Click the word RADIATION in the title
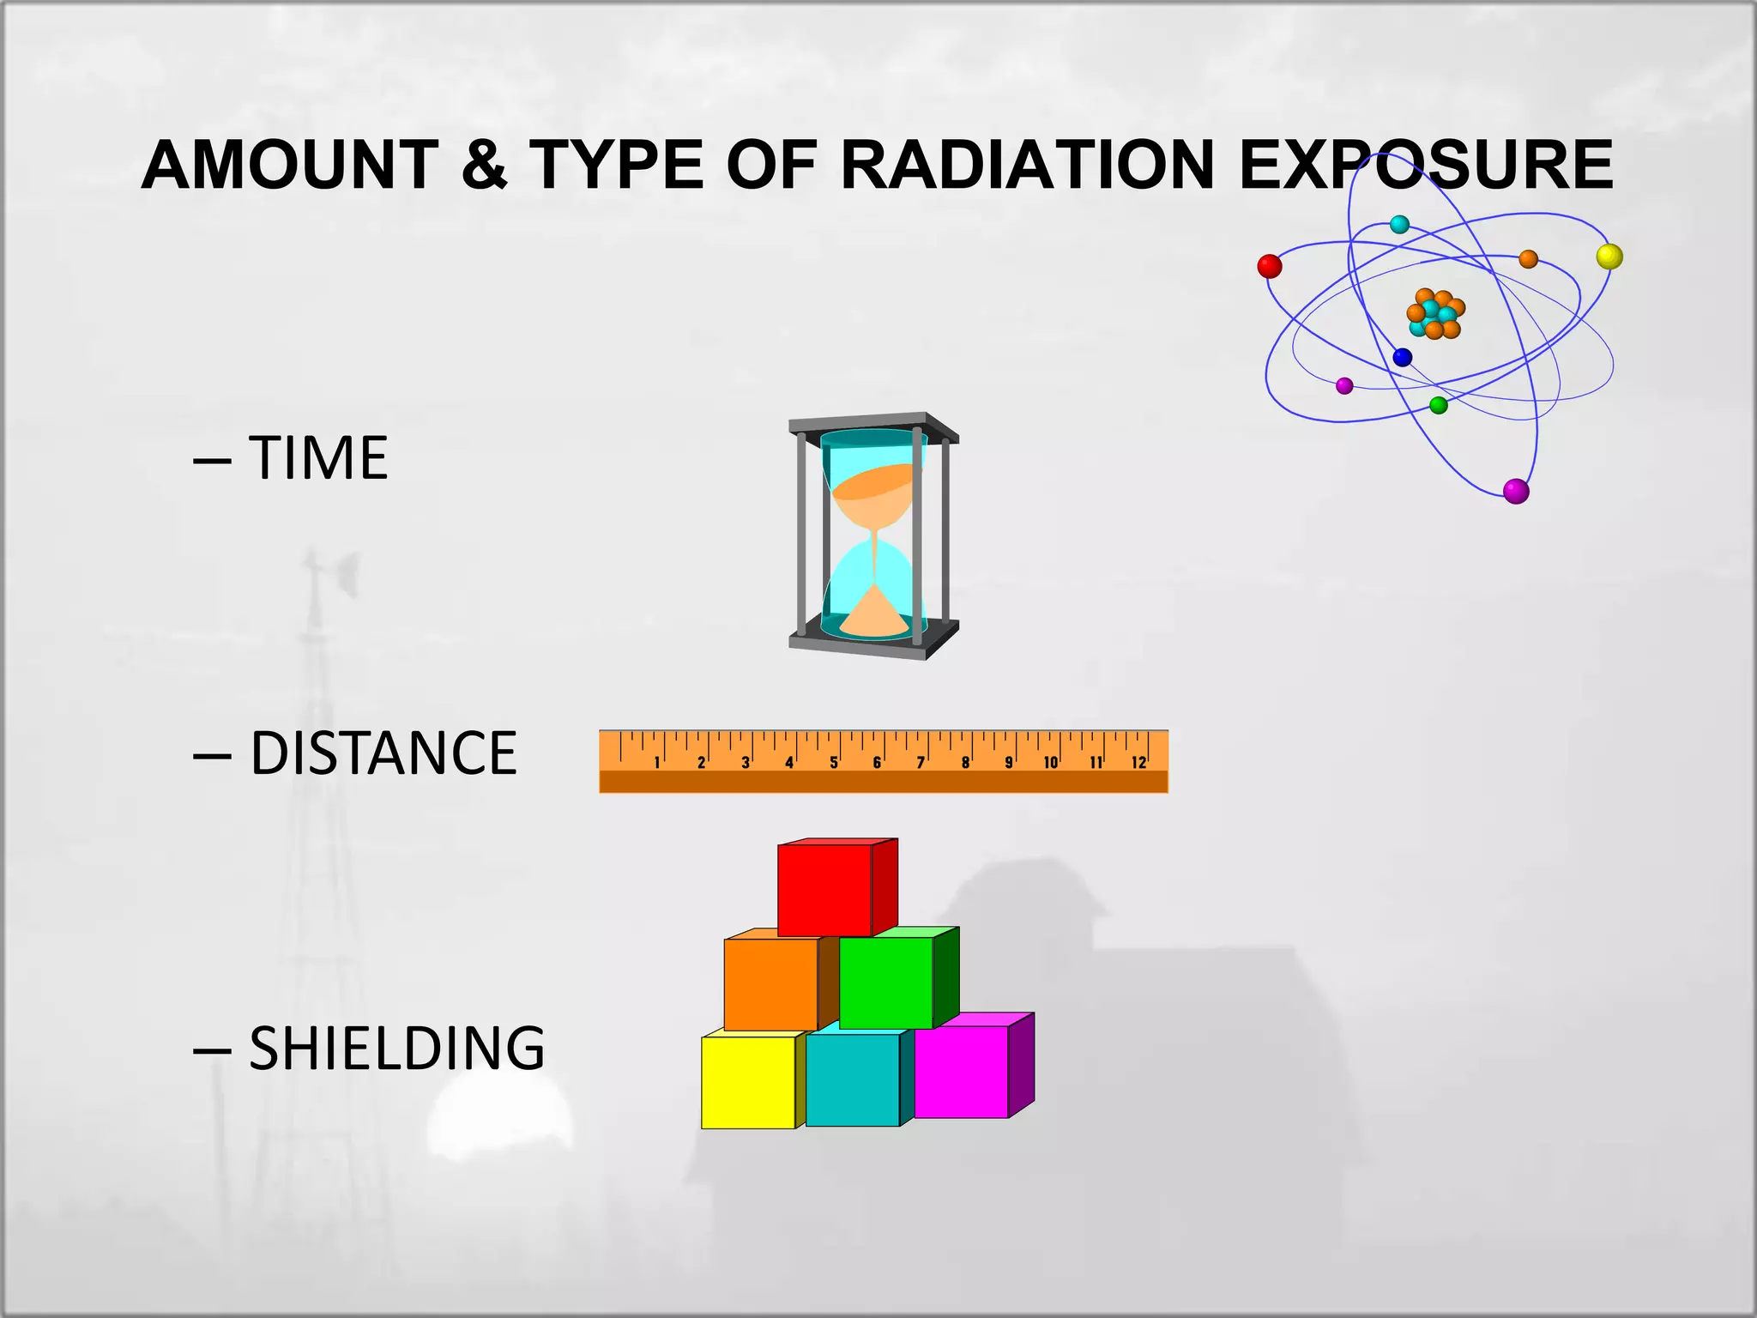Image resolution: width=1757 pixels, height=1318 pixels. [1027, 165]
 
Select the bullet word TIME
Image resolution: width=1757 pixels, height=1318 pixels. [318, 458]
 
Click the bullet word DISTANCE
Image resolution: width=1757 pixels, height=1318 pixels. [383, 753]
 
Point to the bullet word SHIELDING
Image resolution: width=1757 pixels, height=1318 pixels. [396, 1049]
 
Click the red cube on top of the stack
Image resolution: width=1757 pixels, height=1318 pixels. [824, 890]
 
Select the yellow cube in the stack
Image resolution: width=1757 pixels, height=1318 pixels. [748, 1083]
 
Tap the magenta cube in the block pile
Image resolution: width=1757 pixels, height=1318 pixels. [961, 1072]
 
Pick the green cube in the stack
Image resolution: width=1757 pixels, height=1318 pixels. [885, 983]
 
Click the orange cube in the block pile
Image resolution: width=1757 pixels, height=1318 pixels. [770, 984]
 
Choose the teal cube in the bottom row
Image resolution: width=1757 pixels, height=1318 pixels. [852, 1080]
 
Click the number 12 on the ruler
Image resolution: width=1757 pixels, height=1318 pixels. [1138, 763]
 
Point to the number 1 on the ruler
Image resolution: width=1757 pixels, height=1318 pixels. [657, 763]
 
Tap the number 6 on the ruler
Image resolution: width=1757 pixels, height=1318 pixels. [877, 763]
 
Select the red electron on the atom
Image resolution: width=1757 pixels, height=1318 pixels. [1270, 266]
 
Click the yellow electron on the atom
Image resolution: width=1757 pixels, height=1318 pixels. [1609, 257]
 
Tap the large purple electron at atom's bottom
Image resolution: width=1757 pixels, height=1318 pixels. [1516, 492]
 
